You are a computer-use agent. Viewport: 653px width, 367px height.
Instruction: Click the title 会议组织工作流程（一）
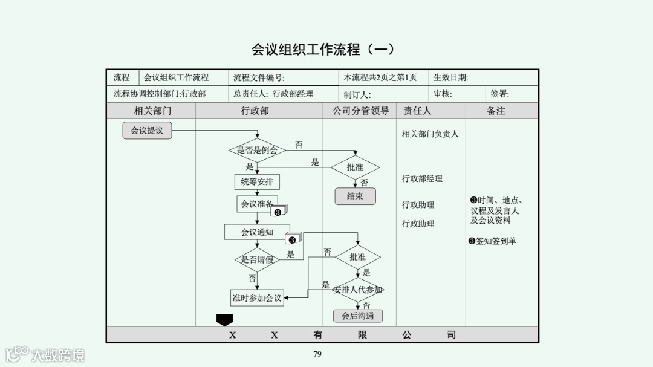click(x=323, y=50)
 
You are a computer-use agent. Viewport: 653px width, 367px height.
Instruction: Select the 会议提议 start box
click(x=147, y=130)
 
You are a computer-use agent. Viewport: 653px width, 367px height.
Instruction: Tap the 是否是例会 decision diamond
click(x=257, y=150)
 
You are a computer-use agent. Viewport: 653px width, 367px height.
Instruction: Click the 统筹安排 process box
click(x=257, y=182)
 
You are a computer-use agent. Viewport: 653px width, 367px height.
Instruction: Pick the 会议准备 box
click(x=257, y=204)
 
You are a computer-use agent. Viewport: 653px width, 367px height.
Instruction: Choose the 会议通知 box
click(x=257, y=232)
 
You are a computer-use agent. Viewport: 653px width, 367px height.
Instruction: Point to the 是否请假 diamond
click(x=257, y=259)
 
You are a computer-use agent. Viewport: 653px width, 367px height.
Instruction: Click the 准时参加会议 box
click(x=257, y=297)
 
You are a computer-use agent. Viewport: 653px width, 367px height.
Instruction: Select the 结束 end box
click(x=355, y=196)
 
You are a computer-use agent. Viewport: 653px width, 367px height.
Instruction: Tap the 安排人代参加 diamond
click(x=357, y=290)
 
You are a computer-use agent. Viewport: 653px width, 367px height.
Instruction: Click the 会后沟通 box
click(x=357, y=316)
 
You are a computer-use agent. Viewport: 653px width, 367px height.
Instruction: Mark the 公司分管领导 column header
click(x=360, y=111)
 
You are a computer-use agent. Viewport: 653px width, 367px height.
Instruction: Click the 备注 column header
click(x=496, y=111)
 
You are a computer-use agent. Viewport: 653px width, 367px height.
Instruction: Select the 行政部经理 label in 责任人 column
click(x=422, y=179)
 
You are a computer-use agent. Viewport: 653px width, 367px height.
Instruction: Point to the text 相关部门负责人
click(x=430, y=134)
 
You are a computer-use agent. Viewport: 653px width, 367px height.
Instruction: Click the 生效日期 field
click(x=450, y=77)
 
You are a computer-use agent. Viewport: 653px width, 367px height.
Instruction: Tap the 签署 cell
click(x=499, y=94)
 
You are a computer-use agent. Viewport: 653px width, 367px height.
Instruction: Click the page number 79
click(x=317, y=354)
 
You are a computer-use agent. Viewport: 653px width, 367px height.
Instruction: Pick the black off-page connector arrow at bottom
click(x=224, y=319)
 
